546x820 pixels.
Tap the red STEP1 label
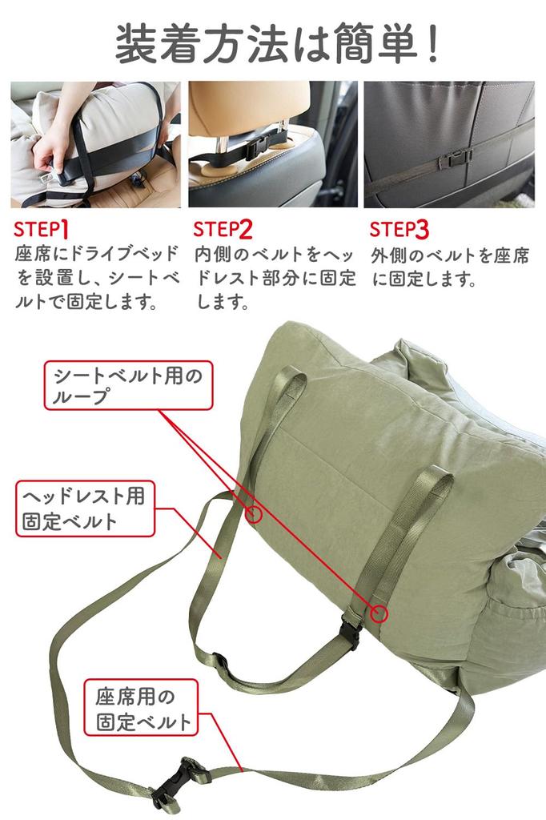tap(42, 229)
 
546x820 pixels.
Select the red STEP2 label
tap(223, 229)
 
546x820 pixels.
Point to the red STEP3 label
tap(399, 229)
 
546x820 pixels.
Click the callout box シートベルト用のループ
tap(129, 385)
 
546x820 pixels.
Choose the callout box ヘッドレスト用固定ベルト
tap(85, 508)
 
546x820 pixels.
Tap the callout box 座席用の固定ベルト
tap(141, 708)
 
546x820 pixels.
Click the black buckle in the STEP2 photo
tap(259, 147)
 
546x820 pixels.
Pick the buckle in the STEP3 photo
tap(454, 159)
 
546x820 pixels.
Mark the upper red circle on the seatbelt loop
tap(254, 514)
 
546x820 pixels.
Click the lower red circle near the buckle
tap(379, 613)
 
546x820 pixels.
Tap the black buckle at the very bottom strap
tap(177, 782)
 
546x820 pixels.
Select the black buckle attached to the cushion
tap(350, 632)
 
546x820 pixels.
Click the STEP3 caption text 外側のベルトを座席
tap(450, 255)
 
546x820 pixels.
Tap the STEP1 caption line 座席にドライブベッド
tap(97, 254)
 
